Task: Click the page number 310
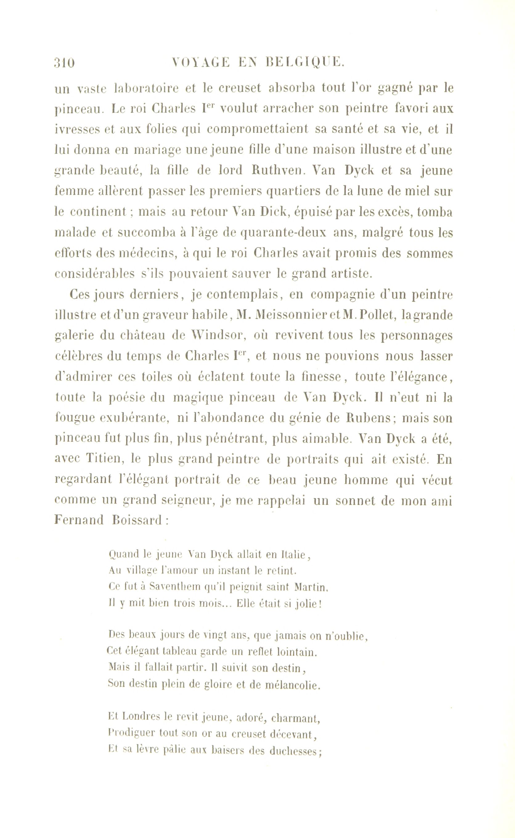point(64,63)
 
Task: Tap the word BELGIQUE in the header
point(305,63)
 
